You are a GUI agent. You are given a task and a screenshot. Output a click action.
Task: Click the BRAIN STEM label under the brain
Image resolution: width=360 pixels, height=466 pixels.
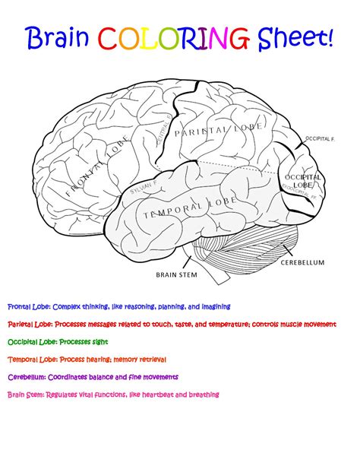coord(176,275)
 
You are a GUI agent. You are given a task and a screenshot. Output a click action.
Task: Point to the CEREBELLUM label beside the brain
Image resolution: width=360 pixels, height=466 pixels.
coord(302,262)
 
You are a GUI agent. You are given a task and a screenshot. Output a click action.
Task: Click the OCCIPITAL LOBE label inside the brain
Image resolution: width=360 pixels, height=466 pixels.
coord(302,181)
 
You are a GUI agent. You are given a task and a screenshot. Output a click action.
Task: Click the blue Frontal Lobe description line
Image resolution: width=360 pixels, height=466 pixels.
coord(118,306)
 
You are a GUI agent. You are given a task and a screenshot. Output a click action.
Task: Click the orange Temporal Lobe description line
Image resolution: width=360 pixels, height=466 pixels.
coord(87,359)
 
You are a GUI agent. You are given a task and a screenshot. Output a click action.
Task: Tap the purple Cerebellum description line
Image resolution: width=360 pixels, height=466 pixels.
coord(93,377)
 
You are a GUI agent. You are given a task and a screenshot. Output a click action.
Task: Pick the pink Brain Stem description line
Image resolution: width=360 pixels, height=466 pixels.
coord(113,395)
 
